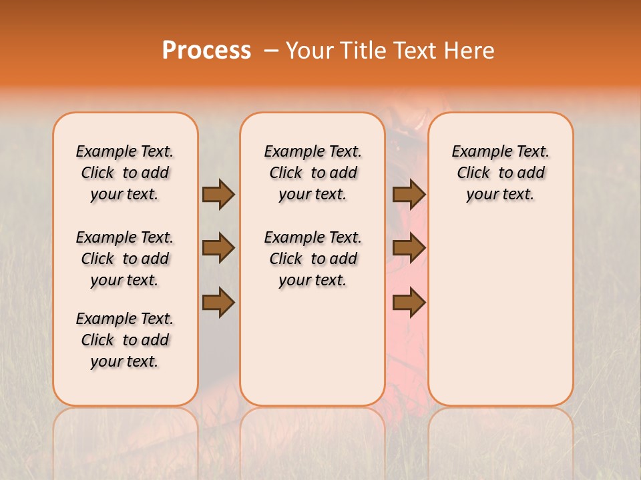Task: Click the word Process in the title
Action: tap(206, 51)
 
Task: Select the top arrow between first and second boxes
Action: tap(218, 195)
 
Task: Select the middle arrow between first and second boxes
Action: tap(218, 248)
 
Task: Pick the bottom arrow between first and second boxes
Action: tap(218, 303)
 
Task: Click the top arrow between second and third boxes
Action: tap(409, 195)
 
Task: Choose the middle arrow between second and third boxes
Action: tap(409, 248)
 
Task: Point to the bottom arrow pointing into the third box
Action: tap(409, 303)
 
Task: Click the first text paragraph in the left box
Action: tap(125, 173)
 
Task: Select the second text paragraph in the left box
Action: tap(125, 259)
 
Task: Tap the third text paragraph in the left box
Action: tap(125, 340)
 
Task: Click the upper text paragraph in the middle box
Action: tap(312, 173)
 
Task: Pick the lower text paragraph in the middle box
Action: tap(312, 259)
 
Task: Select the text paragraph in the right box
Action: tap(500, 173)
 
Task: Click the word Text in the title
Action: tap(419, 51)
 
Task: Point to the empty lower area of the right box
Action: tap(500, 307)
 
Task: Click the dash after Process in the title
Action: tap(271, 51)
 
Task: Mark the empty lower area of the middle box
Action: tap(312, 347)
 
